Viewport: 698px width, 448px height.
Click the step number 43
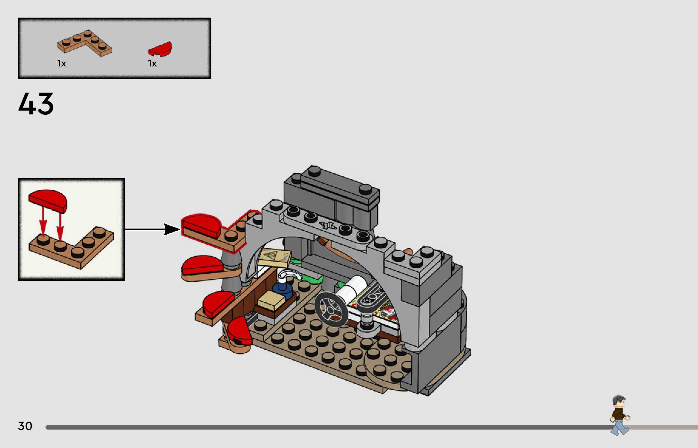[36, 104]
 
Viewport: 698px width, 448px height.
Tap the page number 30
[25, 426]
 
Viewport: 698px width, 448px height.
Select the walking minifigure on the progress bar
[619, 415]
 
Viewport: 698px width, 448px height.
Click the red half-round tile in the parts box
[160, 49]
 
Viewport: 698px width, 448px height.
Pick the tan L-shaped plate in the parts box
[85, 43]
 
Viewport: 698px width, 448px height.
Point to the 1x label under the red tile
[152, 63]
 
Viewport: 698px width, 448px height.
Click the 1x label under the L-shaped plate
[62, 63]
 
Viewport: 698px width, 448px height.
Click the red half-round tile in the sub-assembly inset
[48, 200]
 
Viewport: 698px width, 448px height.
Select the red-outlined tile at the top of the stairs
[202, 225]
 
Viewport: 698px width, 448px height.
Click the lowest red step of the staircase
[240, 331]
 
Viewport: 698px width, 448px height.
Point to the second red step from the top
[202, 265]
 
